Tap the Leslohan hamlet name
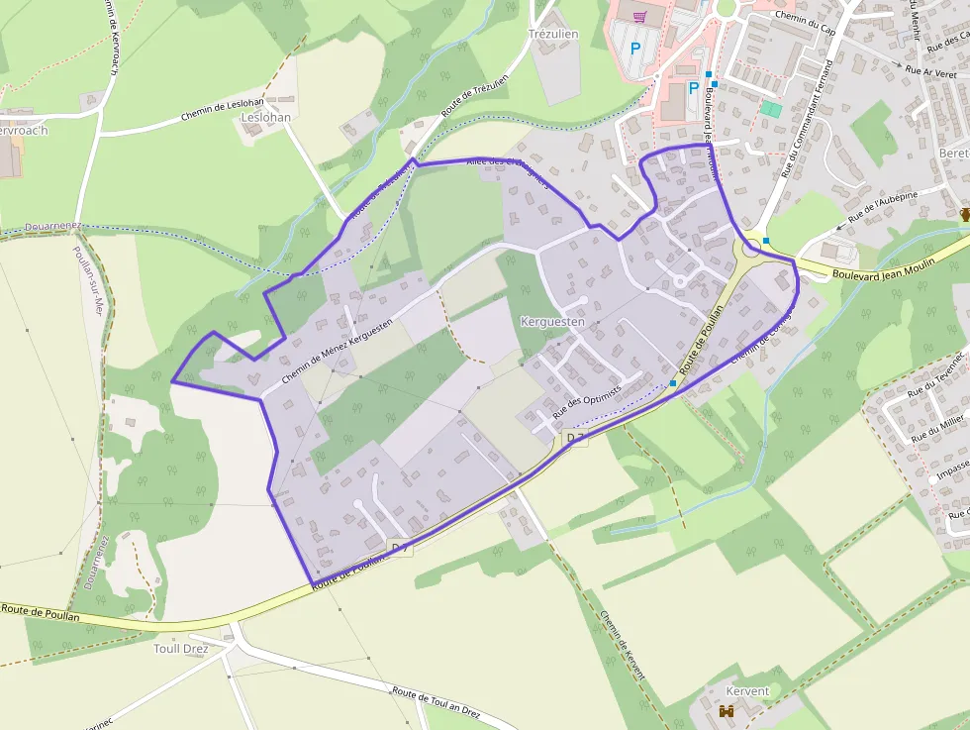pos(266,117)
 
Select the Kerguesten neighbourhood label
pos(552,322)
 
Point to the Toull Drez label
pos(181,649)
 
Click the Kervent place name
pos(747,690)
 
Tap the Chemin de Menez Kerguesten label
pos(337,350)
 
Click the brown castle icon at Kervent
pos(727,711)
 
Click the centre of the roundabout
pos(751,246)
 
